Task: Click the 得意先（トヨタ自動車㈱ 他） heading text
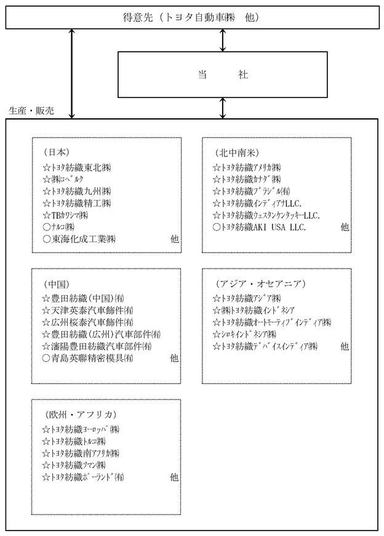pyautogui.click(x=191, y=17)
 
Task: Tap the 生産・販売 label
pyautogui.click(x=31, y=110)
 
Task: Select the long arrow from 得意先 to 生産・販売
pyautogui.click(x=71, y=73)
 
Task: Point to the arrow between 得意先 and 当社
pyautogui.click(x=223, y=40)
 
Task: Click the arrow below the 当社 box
pyautogui.click(x=223, y=108)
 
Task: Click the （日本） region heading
pyautogui.click(x=57, y=152)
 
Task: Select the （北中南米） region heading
pyautogui.click(x=237, y=152)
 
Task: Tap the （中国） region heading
pyautogui.click(x=57, y=284)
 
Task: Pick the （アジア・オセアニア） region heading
pyautogui.click(x=260, y=283)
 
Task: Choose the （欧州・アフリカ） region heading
pyautogui.click(x=81, y=415)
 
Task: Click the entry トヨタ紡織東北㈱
pyautogui.click(x=77, y=168)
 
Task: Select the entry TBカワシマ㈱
pyautogui.click(x=65, y=215)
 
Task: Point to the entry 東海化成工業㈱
pyautogui.click(x=79, y=239)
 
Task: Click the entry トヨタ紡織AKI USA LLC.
pyautogui.click(x=260, y=227)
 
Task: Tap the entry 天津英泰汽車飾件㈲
pyautogui.click(x=88, y=311)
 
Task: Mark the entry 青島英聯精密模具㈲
pyautogui.click(x=88, y=358)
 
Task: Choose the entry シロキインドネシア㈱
pyautogui.click(x=244, y=334)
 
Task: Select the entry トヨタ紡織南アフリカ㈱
pyautogui.click(x=81, y=453)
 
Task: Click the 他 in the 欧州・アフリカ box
pyautogui.click(x=174, y=477)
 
